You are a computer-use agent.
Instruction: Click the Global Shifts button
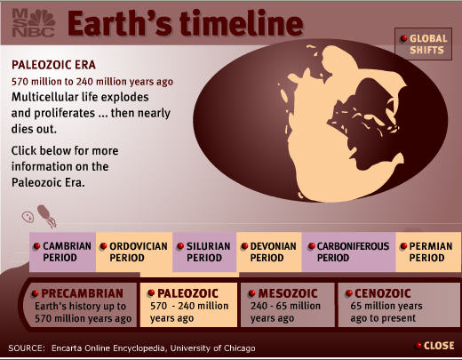tap(423, 44)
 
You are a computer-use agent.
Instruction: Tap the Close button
tap(435, 346)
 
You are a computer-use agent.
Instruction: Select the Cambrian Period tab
tap(62, 252)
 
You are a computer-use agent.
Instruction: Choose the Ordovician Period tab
tap(134, 252)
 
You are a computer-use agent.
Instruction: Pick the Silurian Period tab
tap(204, 252)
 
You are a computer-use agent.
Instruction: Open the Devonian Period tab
tap(269, 252)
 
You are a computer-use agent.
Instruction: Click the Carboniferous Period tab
tap(348, 252)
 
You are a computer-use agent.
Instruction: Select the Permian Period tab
tap(428, 252)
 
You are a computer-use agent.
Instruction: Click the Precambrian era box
tap(81, 305)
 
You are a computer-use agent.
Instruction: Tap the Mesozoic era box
tap(288, 305)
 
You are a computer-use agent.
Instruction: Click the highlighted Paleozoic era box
tap(188, 305)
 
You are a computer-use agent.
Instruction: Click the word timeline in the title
tap(242, 23)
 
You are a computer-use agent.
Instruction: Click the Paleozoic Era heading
tap(53, 65)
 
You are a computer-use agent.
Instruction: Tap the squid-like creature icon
tap(46, 216)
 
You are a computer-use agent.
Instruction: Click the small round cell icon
tap(28, 217)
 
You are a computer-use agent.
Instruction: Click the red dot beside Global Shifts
tap(403, 38)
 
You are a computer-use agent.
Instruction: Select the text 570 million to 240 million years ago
tap(92, 82)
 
